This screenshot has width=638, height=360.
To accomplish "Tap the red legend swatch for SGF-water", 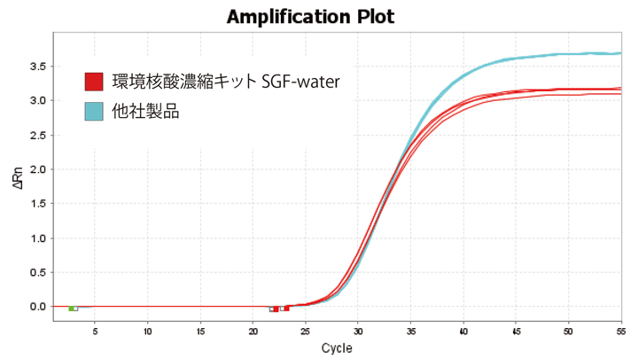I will pos(95,82).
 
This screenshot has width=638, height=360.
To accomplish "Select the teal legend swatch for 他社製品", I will pos(95,112).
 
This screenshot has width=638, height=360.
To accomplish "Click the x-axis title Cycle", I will pos(338,347).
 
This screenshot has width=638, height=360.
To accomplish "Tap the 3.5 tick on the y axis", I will pos(39,67).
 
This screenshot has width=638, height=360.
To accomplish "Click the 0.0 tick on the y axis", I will pos(39,307).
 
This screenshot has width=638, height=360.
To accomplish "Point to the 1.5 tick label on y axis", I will pos(39,204).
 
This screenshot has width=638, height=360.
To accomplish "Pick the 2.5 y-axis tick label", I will pos(39,135).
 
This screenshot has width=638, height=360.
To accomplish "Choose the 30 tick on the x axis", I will pos(358,330).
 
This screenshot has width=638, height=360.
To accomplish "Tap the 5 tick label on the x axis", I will pos(96,330).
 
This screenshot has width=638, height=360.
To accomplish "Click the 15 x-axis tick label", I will pos(201,330).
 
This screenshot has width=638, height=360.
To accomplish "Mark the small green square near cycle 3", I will pos(71,309).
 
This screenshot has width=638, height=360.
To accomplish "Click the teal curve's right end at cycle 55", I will pos(619,53).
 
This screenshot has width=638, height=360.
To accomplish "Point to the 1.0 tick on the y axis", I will pos(39,239).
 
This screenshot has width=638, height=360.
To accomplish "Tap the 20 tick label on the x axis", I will pos(253,330).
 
